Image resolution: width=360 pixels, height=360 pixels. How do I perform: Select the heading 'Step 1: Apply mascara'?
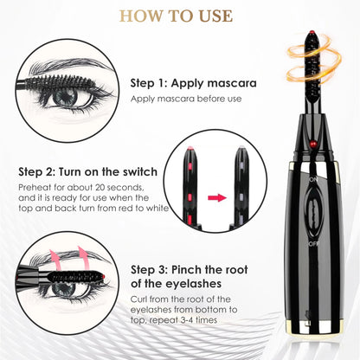pyautogui.click(x=192, y=83)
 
